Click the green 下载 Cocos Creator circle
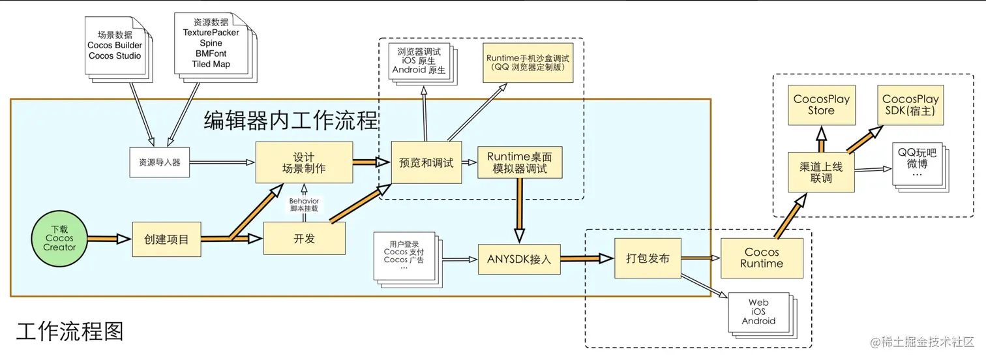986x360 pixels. click(59, 239)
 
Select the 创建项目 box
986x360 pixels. click(166, 239)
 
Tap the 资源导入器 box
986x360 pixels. click(160, 162)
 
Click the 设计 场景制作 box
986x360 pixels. click(303, 162)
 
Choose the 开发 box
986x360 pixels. click(304, 239)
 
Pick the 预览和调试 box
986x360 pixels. click(426, 162)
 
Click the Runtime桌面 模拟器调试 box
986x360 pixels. click(520, 163)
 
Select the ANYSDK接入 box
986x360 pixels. click(519, 259)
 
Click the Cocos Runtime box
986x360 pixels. click(761, 258)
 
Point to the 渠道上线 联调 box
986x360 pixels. click(820, 172)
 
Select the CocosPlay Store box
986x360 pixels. click(821, 105)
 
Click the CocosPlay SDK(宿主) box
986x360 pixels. click(910, 105)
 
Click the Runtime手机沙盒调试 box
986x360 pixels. click(528, 63)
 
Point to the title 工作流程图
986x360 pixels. click(70, 332)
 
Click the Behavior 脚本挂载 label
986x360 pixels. click(304, 205)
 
